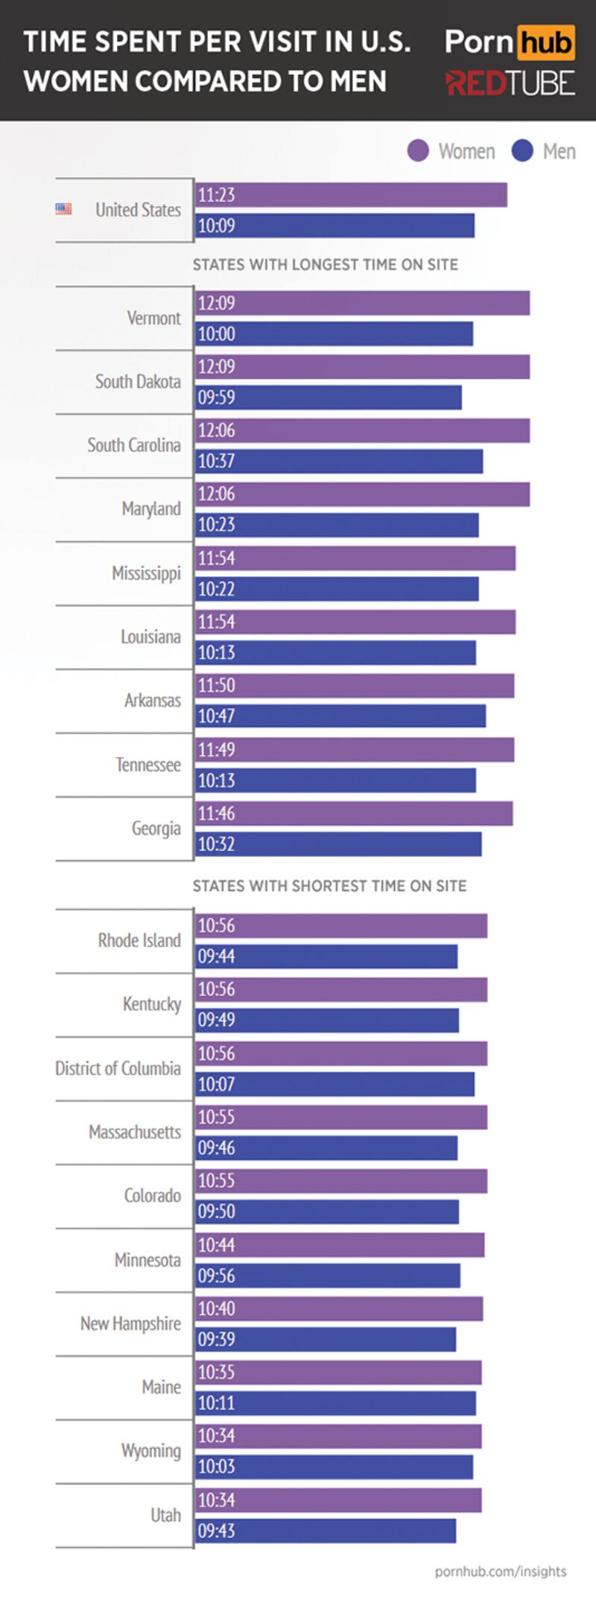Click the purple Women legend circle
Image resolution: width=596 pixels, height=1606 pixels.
tap(418, 151)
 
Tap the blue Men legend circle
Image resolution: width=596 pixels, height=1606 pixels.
tap(522, 151)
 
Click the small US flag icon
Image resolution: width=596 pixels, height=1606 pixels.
tap(63, 209)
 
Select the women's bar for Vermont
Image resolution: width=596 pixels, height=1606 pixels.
tap(362, 303)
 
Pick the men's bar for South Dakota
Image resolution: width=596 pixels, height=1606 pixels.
tap(329, 398)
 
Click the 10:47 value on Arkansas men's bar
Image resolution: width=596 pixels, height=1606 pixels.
tap(216, 716)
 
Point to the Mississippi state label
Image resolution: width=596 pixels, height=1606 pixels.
tap(146, 573)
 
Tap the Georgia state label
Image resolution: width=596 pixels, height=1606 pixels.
tap(156, 828)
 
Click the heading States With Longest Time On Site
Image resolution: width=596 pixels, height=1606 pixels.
tap(326, 264)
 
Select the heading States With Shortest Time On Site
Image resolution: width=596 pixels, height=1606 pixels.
tap(329, 886)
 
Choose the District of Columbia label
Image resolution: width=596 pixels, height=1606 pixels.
tap(118, 1068)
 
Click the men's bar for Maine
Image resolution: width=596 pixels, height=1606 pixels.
tap(335, 1403)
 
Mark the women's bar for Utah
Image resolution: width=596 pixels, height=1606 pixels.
tap(338, 1500)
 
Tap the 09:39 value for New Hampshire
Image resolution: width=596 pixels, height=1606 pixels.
tap(216, 1339)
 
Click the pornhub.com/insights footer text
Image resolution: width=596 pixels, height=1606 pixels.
tap(501, 1571)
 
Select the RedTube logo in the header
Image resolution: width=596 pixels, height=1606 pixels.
tap(510, 83)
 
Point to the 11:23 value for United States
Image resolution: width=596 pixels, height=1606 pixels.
tap(216, 195)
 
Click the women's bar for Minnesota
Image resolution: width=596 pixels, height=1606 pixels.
tap(340, 1245)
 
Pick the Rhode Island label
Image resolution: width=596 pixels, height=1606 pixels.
tap(139, 940)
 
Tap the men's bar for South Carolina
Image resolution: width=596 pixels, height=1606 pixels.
tap(339, 462)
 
